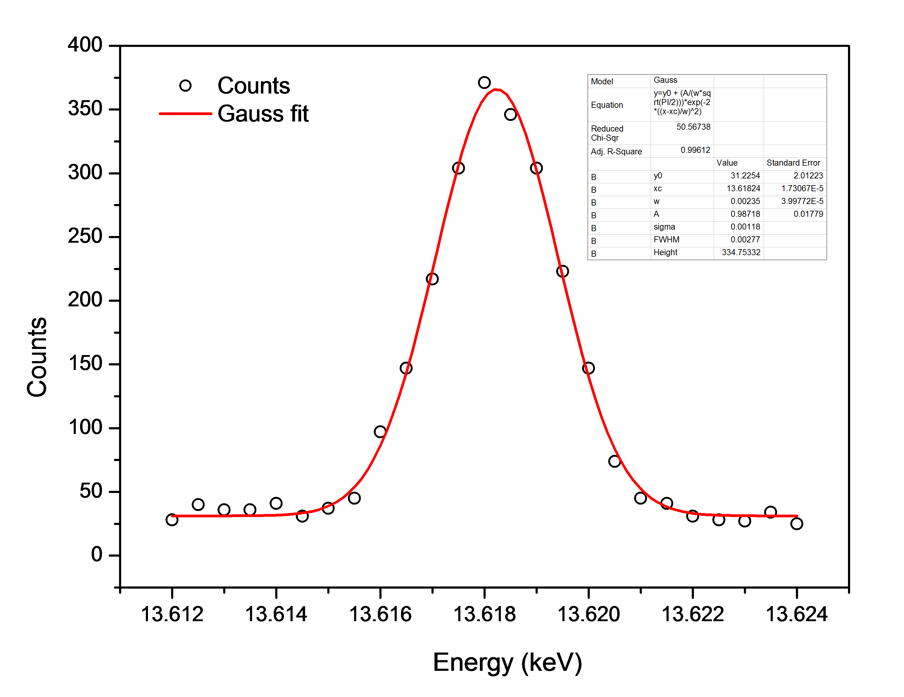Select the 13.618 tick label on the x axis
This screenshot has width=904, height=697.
pyautogui.click(x=484, y=614)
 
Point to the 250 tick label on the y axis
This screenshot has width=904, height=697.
pyautogui.click(x=85, y=236)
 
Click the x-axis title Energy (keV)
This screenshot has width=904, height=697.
pyautogui.click(x=508, y=662)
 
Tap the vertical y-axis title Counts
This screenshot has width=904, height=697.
pyautogui.click(x=37, y=357)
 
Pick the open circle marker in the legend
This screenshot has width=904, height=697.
pyautogui.click(x=185, y=86)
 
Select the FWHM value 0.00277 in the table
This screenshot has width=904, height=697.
pyautogui.click(x=745, y=240)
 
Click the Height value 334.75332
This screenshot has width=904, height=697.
pyautogui.click(x=741, y=252)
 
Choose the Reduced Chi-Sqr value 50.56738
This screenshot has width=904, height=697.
pyautogui.click(x=693, y=127)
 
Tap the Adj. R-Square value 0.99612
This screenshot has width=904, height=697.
pyautogui.click(x=695, y=150)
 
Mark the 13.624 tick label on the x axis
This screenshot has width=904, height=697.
pyautogui.click(x=797, y=614)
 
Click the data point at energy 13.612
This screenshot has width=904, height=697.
pyautogui.click(x=172, y=520)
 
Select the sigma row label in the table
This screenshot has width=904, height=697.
pyautogui.click(x=664, y=227)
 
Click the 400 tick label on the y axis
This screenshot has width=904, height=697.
pyautogui.click(x=85, y=45)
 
